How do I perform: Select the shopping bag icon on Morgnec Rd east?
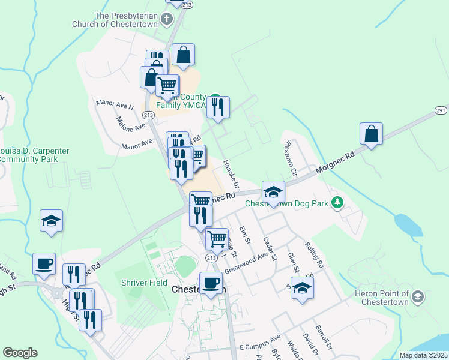click(x=372, y=133)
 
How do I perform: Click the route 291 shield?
click(x=441, y=110)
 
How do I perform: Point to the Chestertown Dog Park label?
click(x=286, y=203)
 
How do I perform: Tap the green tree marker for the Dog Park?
click(x=338, y=202)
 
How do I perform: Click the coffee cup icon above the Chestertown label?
click(x=211, y=283)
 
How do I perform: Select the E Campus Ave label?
click(x=260, y=347)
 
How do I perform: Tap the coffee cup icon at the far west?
click(x=44, y=263)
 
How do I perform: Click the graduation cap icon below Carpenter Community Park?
click(x=52, y=220)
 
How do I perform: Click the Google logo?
click(x=20, y=353)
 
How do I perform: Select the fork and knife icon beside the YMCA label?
click(x=217, y=107)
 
